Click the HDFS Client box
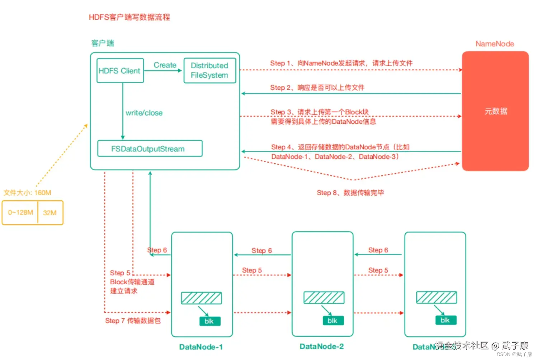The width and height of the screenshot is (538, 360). pyautogui.click(x=120, y=71)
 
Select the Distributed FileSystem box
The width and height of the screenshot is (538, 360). pyautogui.click(x=209, y=70)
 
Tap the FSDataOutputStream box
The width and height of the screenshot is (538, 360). pyautogui.click(x=150, y=149)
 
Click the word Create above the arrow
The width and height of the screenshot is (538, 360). pyautogui.click(x=165, y=65)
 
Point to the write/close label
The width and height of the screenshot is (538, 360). pyautogui.click(x=144, y=113)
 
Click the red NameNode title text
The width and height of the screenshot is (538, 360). pyautogui.click(x=495, y=44)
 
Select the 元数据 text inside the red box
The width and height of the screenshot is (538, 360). pyautogui.click(x=496, y=111)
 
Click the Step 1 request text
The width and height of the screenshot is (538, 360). pyautogui.click(x=341, y=63)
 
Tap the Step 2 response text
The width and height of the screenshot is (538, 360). pyautogui.click(x=317, y=88)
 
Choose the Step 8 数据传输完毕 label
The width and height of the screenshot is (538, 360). pyautogui.click(x=350, y=193)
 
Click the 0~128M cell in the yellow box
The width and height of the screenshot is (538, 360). pyautogui.click(x=20, y=212)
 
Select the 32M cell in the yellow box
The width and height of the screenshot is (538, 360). pyautogui.click(x=50, y=212)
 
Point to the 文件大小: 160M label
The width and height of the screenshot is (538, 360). pyautogui.click(x=27, y=193)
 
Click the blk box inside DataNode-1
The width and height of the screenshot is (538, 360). pyautogui.click(x=209, y=321)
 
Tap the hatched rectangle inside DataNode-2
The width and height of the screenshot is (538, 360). pyautogui.click(x=324, y=298)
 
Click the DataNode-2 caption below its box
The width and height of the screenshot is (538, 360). pyautogui.click(x=321, y=346)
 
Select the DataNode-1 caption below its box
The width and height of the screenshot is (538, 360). pyautogui.click(x=201, y=347)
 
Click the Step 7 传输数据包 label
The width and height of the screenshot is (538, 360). pyautogui.click(x=133, y=321)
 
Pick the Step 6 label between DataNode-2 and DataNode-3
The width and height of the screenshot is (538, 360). pyautogui.click(x=378, y=250)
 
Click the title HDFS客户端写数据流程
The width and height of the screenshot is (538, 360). pyautogui.click(x=129, y=17)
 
